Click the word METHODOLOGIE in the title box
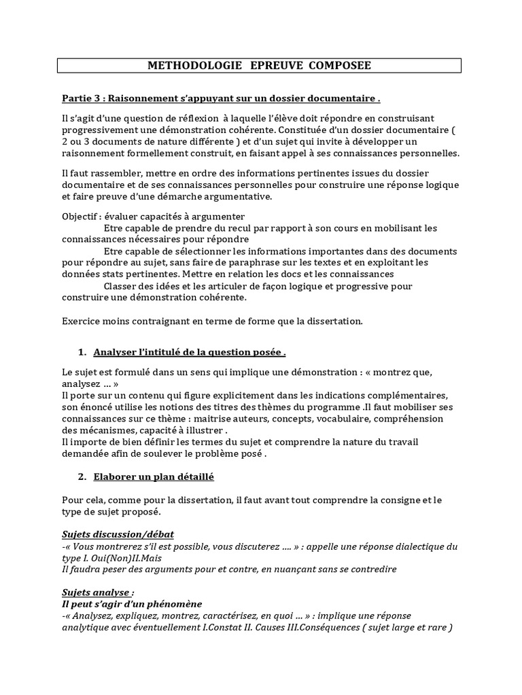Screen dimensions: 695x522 coord(186,66)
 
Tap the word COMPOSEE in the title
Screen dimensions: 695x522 coord(340,66)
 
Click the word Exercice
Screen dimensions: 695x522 coord(82,320)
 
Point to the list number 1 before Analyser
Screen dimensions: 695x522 coord(82,352)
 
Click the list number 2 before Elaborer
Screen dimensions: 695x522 coord(82,477)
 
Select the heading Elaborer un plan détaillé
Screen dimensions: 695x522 coord(154,477)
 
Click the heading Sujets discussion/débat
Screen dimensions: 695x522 coord(118,535)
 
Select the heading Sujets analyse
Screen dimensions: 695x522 coord(98,593)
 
